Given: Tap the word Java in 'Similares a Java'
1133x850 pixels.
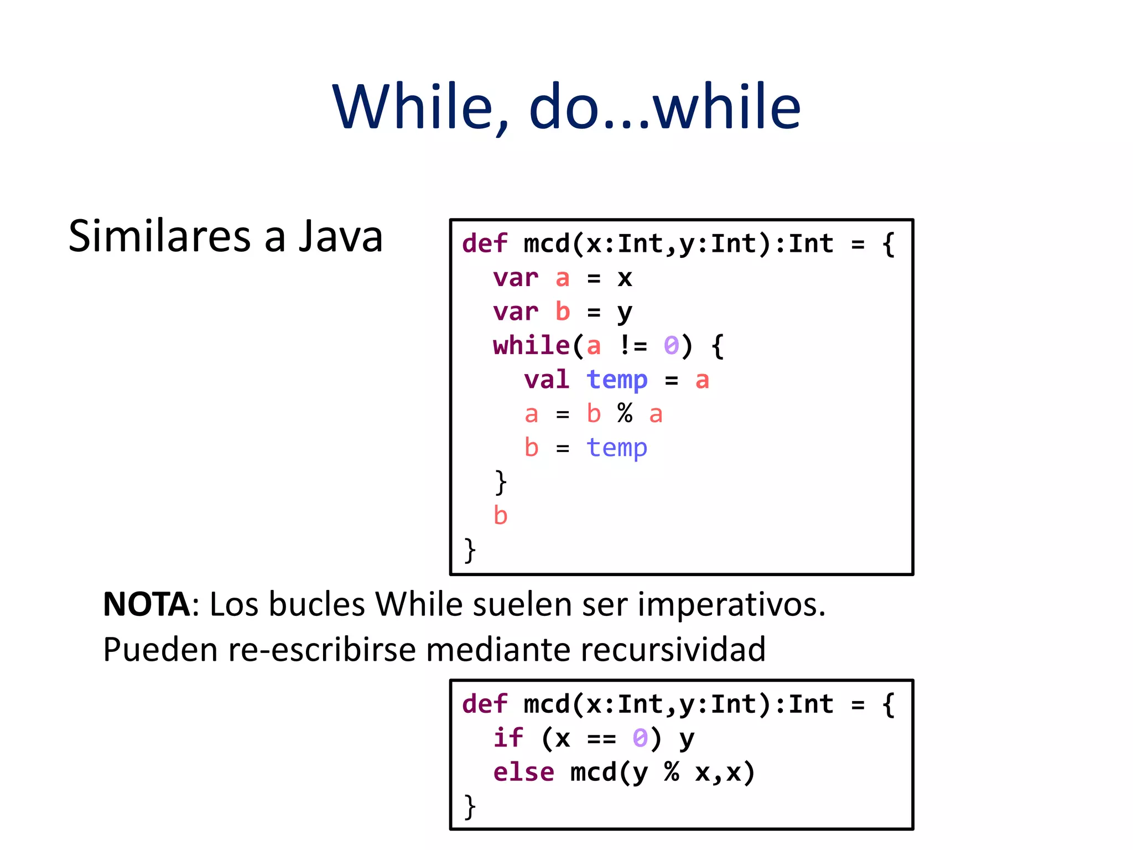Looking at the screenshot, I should pyautogui.click(x=340, y=236).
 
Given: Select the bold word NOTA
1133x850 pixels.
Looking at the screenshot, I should pyautogui.click(x=147, y=604).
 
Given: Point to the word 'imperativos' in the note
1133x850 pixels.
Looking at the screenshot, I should pyautogui.click(x=730, y=604).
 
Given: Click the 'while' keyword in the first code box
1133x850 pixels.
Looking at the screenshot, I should pyautogui.click(x=531, y=346).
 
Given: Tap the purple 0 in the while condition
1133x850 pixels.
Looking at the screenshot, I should pyautogui.click(x=671, y=346).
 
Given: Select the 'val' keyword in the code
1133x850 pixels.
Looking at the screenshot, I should pyautogui.click(x=547, y=380).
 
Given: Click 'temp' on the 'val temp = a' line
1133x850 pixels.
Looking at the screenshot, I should pyautogui.click(x=617, y=380).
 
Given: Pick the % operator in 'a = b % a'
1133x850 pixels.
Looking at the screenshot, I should pyautogui.click(x=625, y=414).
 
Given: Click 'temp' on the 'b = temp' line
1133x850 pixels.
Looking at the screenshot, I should pyautogui.click(x=617, y=448).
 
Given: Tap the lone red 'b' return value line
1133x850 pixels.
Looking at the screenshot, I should pyautogui.click(x=500, y=516).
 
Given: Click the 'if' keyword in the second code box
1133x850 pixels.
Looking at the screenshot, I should pyautogui.click(x=508, y=738).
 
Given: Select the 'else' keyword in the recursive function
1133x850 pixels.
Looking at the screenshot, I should pyautogui.click(x=523, y=773).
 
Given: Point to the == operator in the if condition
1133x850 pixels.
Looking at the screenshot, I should pyautogui.click(x=601, y=738).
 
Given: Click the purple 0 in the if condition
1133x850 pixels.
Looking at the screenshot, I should pyautogui.click(x=640, y=738).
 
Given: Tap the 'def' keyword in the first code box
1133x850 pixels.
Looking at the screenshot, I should pyautogui.click(x=485, y=244).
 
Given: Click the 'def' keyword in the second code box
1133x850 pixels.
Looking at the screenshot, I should pyautogui.click(x=485, y=704).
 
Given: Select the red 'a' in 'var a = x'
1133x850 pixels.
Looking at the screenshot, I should pyautogui.click(x=562, y=278).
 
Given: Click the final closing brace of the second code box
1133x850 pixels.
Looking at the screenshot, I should pyautogui.click(x=470, y=806).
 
